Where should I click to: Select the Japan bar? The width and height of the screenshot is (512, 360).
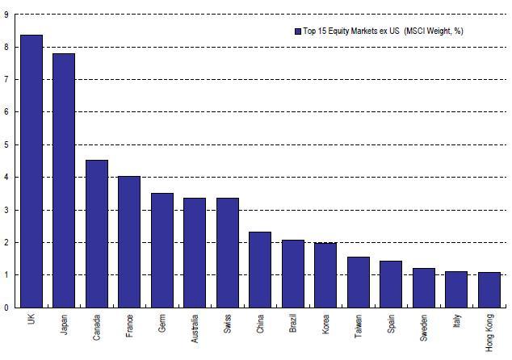pos(64,181)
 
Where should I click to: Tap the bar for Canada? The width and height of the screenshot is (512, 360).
pos(97,234)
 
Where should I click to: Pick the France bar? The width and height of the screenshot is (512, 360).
pos(129,242)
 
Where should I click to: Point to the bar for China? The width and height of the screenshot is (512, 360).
pos(260,270)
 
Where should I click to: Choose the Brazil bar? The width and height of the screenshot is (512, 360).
pos(293,274)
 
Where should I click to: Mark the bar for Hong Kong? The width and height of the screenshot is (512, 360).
pos(489,290)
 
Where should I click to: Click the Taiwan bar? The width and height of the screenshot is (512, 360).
pos(359,283)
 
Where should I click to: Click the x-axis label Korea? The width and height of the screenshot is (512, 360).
pos(325,324)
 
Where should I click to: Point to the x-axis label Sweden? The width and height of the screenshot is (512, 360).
pos(424,327)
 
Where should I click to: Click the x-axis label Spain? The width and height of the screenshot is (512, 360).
pos(391,324)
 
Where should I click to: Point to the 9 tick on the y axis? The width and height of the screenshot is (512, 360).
pos(6,15)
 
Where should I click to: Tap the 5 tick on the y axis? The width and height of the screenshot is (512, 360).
pos(6,145)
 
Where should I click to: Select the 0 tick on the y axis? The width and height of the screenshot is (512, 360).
pos(6,308)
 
